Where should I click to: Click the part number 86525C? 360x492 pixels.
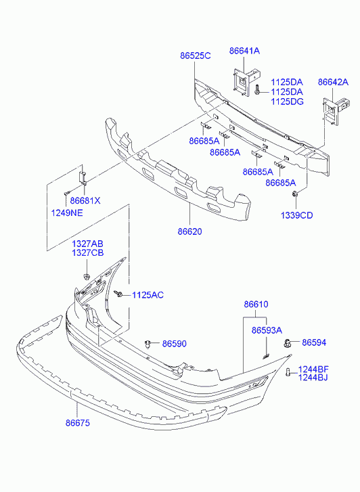195,56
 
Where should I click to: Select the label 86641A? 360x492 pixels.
244,51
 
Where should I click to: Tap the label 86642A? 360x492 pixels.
333,82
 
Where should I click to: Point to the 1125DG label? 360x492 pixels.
287,102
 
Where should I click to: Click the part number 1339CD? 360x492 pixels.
296,216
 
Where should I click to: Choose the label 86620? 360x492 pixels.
190,231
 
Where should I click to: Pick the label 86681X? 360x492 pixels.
85,200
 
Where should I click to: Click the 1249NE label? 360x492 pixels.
67,213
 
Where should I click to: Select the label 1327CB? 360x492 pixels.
87,253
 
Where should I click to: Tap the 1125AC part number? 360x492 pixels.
148,295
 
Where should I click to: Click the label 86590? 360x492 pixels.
174,344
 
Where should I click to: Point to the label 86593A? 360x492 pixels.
267,330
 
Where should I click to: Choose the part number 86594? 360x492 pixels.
314,342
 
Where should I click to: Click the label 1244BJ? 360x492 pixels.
313,378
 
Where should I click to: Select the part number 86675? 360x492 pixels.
78,423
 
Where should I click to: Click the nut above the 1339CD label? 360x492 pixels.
295,194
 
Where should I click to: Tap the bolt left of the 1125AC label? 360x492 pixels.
118,294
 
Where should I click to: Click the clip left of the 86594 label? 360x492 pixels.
287,343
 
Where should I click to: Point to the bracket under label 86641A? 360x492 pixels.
246,82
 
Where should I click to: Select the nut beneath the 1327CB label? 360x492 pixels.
87,276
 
